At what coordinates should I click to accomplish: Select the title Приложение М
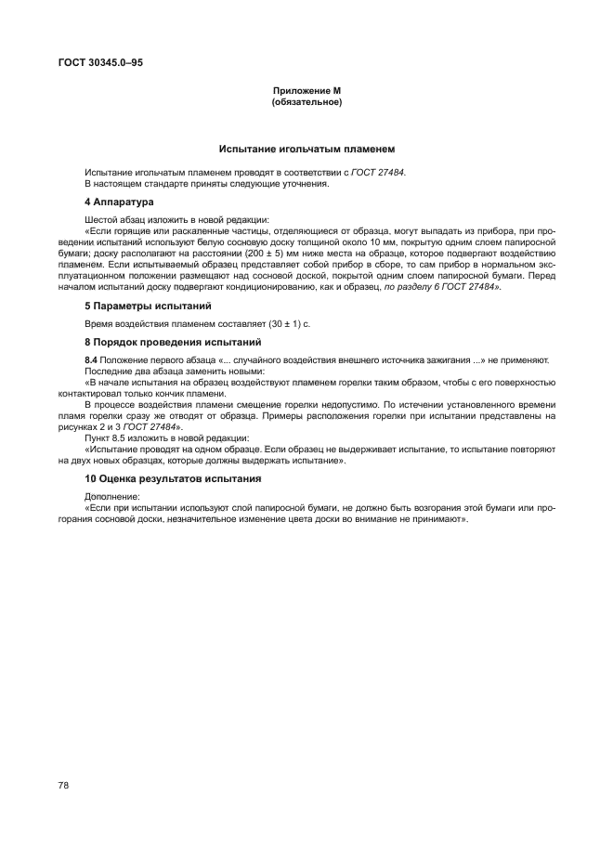click(307, 91)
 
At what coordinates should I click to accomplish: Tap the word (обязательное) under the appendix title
click(307, 102)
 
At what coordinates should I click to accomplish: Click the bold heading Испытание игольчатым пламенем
click(307, 148)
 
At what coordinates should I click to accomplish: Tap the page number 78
click(64, 785)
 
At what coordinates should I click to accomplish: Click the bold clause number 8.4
click(91, 360)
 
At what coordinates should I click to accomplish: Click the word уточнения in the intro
click(307, 183)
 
